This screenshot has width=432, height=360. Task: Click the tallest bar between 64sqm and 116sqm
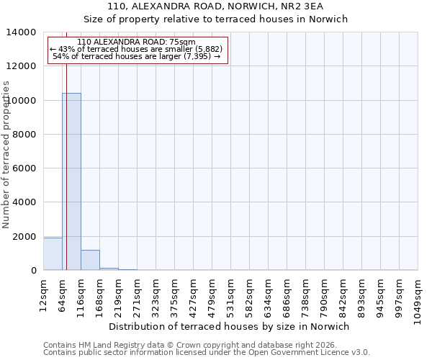point(71,181)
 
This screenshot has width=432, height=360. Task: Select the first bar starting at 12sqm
point(53,253)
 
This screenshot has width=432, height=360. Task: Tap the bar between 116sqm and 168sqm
point(90,260)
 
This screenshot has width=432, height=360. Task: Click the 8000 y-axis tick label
point(24,135)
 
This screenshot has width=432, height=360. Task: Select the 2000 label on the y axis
point(24,237)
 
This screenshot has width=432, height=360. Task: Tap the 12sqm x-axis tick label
point(43,291)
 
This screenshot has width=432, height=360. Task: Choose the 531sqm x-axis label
point(230,293)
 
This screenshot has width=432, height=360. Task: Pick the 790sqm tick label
point(324,293)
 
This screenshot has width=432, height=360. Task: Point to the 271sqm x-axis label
point(137,293)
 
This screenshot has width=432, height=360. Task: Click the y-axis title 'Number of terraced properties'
point(6,155)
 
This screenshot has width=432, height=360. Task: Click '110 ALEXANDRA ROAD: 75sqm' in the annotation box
point(136,42)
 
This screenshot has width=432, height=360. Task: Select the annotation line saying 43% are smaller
point(136,49)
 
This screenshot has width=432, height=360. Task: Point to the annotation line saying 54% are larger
point(136,56)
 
